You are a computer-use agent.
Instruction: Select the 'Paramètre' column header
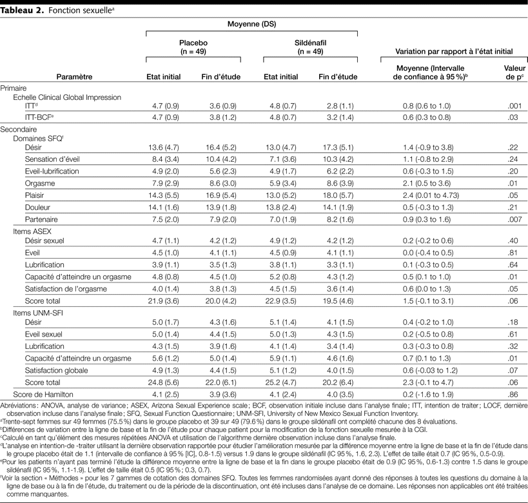coord(74,77)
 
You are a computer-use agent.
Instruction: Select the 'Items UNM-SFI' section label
coord(40,313)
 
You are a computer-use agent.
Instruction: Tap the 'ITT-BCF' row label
coord(39,119)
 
